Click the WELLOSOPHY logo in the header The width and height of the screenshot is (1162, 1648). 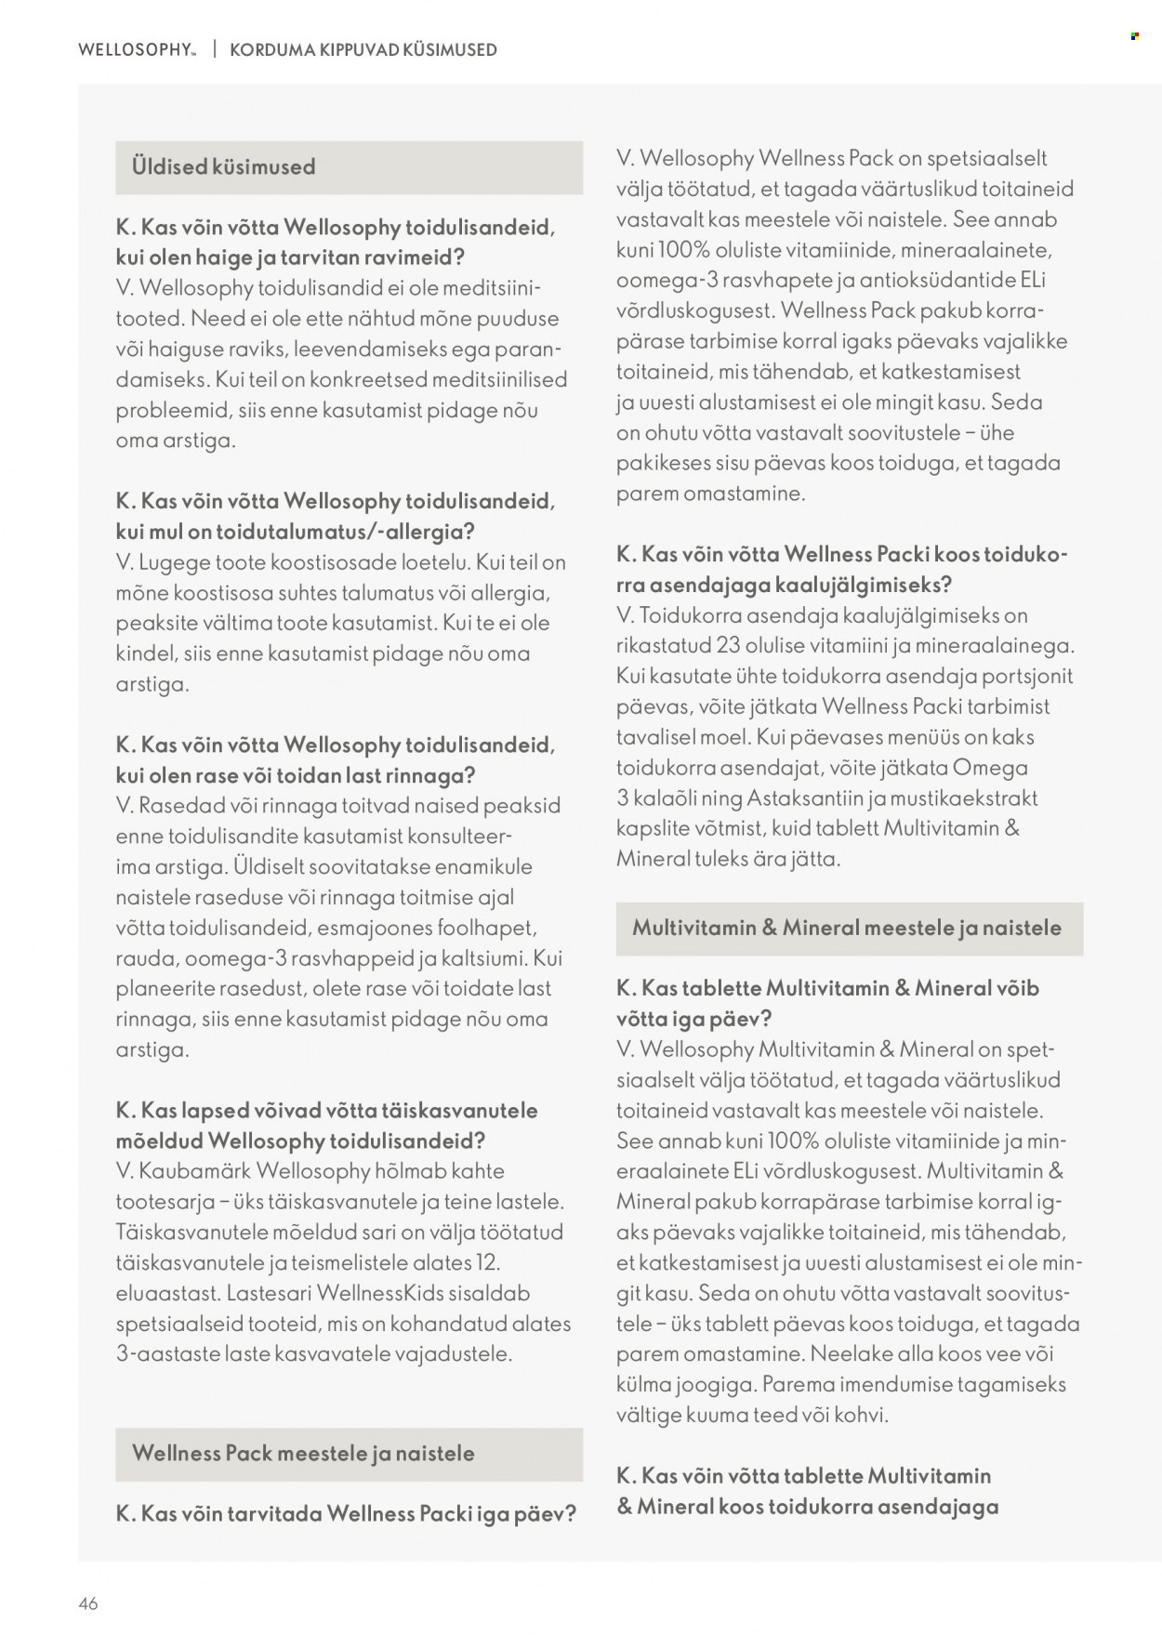point(137,50)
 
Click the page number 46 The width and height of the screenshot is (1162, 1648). point(88,1603)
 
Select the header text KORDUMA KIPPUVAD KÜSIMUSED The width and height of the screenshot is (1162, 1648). point(363,50)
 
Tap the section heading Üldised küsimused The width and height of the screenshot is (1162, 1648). point(224,167)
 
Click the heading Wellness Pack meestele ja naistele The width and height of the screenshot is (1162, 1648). point(303,1454)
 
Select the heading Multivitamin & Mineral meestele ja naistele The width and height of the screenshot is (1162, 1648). point(846,928)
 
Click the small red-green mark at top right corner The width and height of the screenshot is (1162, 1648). point(1134,36)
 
